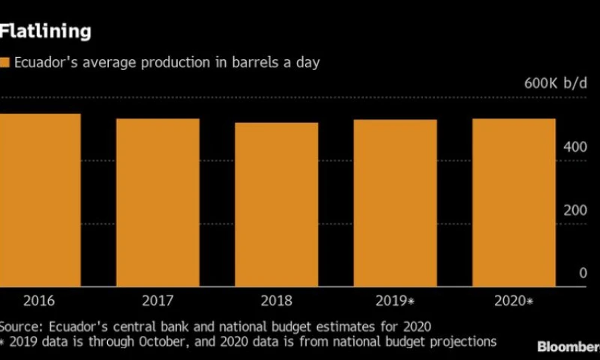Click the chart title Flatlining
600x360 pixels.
[x=46, y=31]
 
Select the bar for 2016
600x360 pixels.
[x=40, y=200]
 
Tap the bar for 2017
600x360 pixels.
[x=157, y=202]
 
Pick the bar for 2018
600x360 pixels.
[x=276, y=205]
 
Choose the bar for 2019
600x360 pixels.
[x=394, y=203]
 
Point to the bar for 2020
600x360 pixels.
[x=514, y=202]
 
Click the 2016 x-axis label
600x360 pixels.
[x=38, y=301]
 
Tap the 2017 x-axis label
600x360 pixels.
[x=157, y=301]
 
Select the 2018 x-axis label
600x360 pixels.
[x=276, y=301]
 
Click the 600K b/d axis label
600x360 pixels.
[x=555, y=83]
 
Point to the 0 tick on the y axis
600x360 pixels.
[x=582, y=274]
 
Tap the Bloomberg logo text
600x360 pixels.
[x=568, y=346]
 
